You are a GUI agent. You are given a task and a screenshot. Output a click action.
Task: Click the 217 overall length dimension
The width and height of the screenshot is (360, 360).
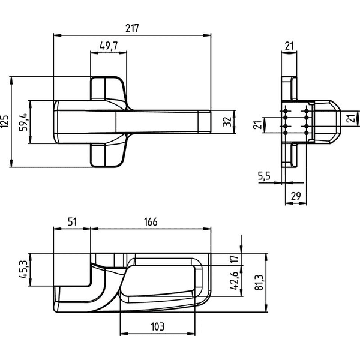pos(132,28)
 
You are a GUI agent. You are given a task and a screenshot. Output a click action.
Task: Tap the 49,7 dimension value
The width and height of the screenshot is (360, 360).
pos(109,46)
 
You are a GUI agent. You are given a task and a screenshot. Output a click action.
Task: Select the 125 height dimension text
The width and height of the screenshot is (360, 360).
pos(5,121)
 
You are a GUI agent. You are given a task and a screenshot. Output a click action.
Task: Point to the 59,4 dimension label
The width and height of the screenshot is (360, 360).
pos(23,122)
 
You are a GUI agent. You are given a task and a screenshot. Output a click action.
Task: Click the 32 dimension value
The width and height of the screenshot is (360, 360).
pos(227,122)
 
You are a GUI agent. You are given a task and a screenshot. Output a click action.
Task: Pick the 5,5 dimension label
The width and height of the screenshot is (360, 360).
pos(264,176)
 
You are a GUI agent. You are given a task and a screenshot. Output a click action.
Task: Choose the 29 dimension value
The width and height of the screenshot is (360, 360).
pos(296,196)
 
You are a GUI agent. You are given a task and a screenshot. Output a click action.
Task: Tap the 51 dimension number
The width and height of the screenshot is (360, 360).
pos(72,222)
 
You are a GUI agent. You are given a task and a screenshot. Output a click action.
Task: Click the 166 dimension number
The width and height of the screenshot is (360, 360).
pos(151,222)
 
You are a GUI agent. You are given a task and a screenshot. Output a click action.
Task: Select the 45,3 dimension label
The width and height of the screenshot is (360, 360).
pos(23,270)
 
